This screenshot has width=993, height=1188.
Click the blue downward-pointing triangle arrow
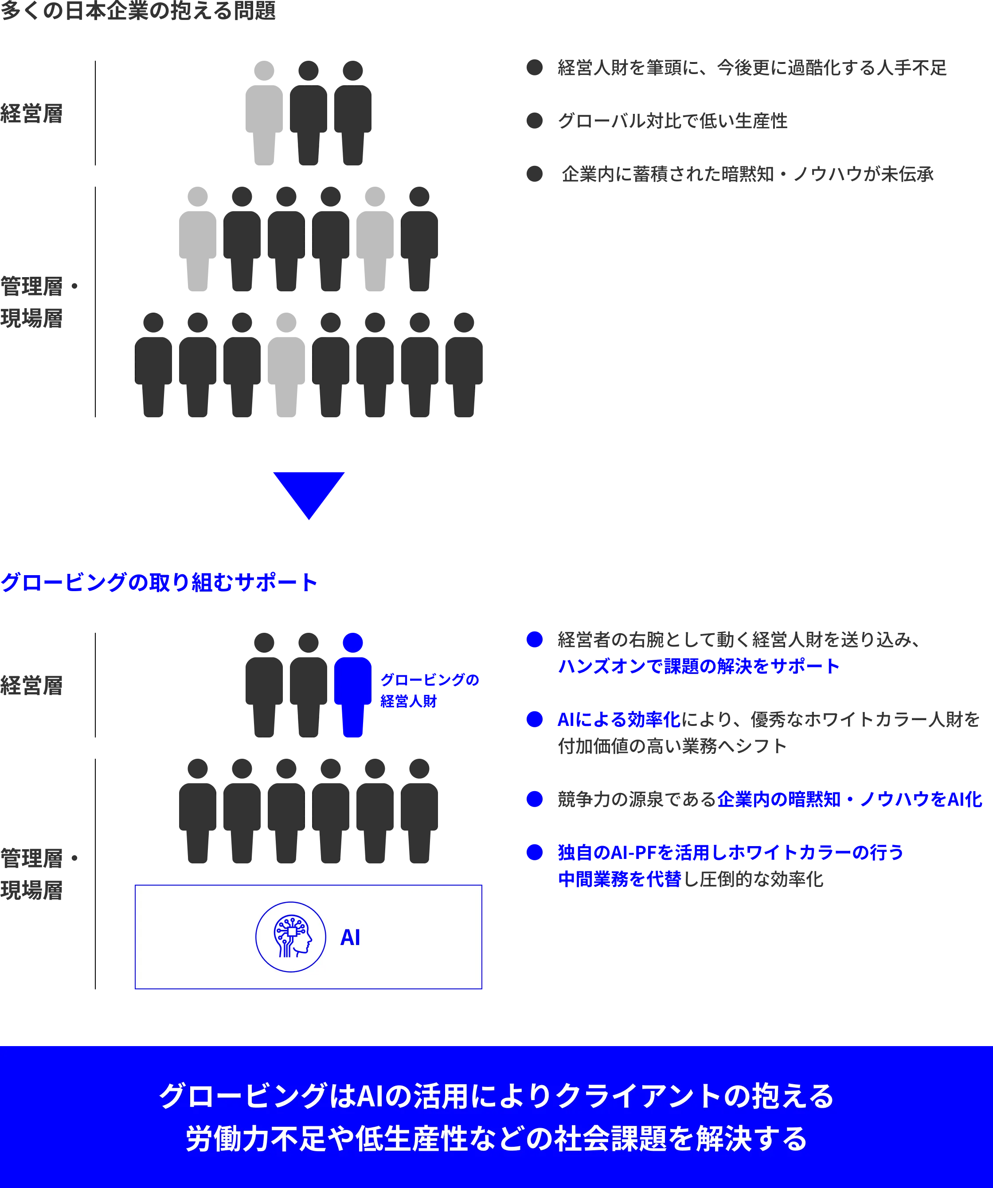click(309, 493)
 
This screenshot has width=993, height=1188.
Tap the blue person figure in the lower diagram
click(353, 685)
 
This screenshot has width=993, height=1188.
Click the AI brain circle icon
click(291, 937)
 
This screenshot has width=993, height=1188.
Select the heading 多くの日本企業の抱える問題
click(138, 10)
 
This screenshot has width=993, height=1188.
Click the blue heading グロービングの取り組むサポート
click(159, 582)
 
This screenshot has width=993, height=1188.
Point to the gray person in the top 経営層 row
click(264, 113)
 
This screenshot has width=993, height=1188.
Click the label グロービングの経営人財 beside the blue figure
click(429, 690)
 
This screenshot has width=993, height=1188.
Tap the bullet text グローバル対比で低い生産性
click(672, 121)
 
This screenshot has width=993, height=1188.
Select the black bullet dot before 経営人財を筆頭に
click(534, 67)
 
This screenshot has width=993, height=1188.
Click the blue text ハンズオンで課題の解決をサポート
click(698, 666)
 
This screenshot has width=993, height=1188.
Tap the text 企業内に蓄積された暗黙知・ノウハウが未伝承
click(747, 174)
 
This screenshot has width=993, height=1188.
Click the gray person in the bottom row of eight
click(286, 365)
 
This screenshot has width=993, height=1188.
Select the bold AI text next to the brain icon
click(350, 937)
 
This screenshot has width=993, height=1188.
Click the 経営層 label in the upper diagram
click(31, 113)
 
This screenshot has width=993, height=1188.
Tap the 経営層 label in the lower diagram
click(31, 685)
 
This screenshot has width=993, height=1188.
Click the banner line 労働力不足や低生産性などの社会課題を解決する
click(496, 1138)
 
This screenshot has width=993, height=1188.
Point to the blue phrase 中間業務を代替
click(619, 878)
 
